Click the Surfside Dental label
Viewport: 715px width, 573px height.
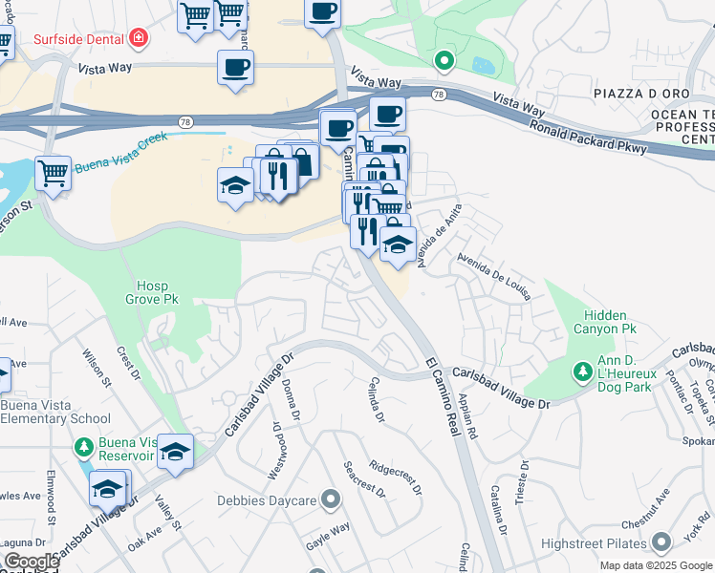pos(79,39)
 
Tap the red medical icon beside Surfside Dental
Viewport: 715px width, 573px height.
pos(140,39)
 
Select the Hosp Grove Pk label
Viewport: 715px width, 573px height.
pos(158,292)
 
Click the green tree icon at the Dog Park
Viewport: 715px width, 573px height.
pos(580,370)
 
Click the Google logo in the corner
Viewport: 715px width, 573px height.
pos(31,562)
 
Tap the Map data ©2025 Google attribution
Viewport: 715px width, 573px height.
pos(656,565)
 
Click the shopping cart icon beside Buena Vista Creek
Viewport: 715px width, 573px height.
pos(54,174)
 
